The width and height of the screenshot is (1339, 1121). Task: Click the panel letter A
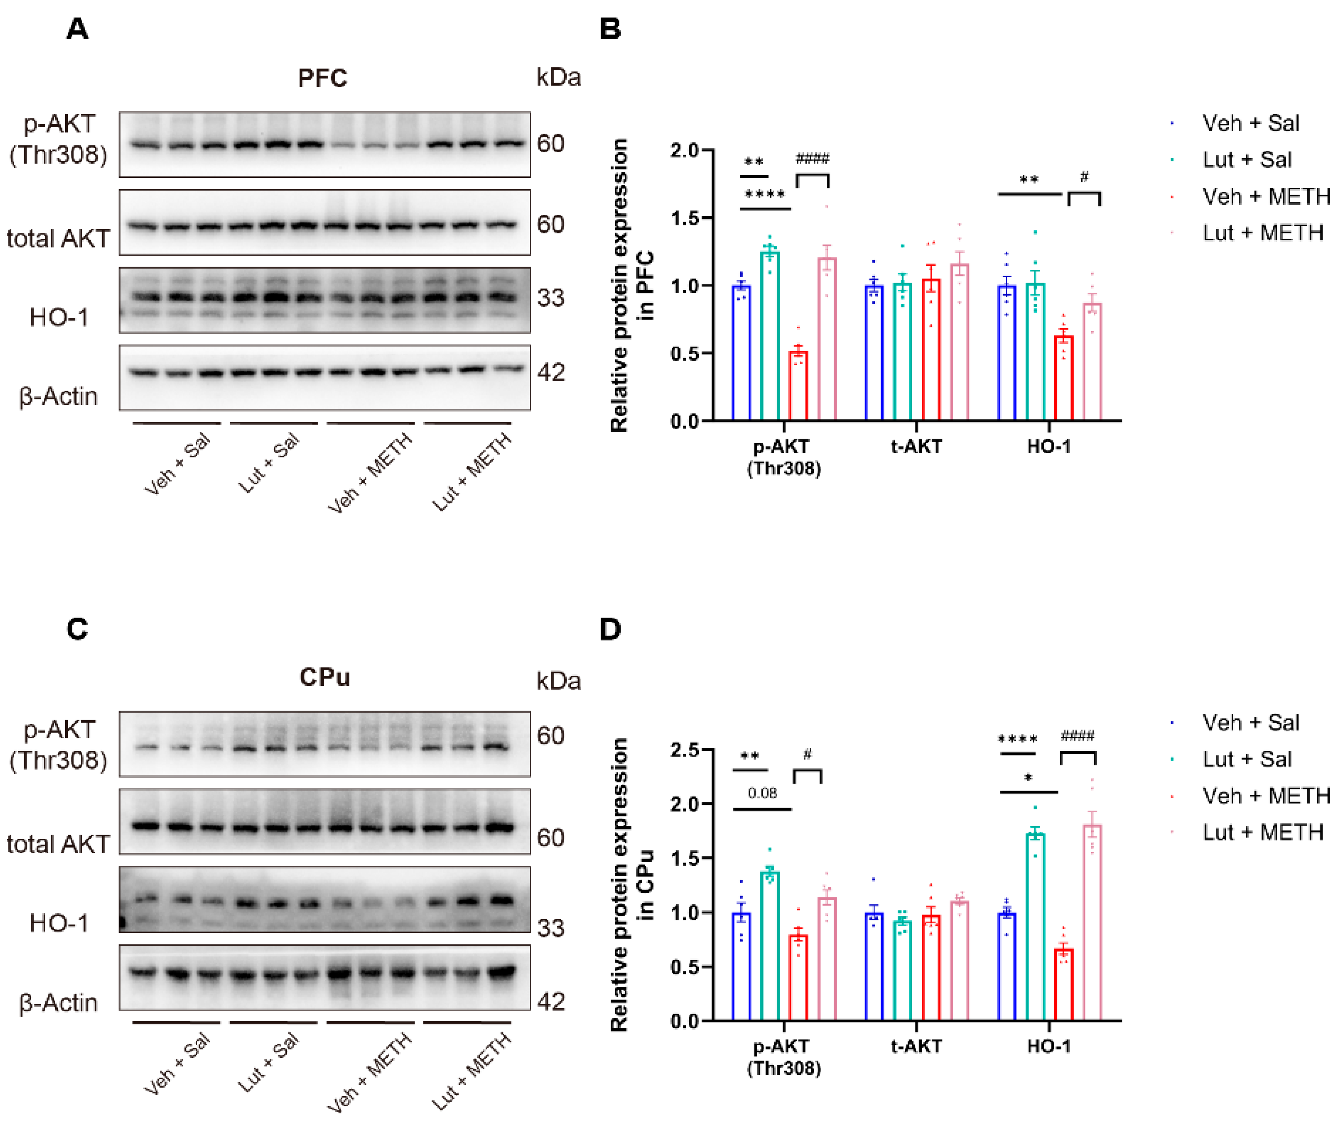click(77, 29)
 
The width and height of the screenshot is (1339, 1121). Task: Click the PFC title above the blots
click(323, 78)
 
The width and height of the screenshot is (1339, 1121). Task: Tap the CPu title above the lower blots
click(324, 677)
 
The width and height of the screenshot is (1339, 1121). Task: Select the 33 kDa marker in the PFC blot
click(550, 298)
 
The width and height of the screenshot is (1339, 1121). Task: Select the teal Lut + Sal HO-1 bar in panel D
click(1035, 928)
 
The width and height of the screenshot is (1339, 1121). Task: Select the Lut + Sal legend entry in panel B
click(1246, 160)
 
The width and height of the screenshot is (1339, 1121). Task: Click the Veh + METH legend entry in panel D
click(1265, 796)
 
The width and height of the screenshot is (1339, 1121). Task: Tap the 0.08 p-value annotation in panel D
click(762, 793)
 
